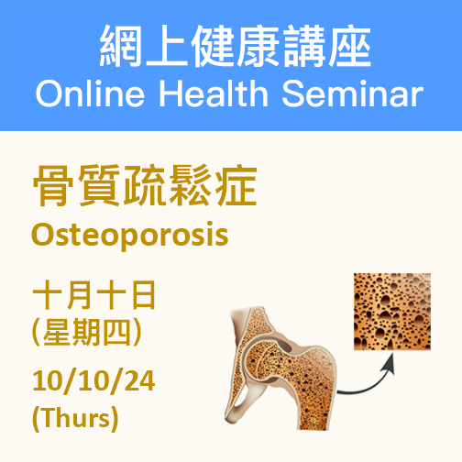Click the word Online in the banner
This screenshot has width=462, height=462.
(90, 93)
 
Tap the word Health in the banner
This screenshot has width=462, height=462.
(214, 93)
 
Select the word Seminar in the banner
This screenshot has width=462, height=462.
(353, 93)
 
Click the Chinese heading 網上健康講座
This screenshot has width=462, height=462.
(235, 46)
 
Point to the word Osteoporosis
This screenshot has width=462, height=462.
(130, 236)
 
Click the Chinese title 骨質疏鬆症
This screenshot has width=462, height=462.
(145, 185)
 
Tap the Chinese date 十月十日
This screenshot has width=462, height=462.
(94, 295)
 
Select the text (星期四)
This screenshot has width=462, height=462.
(87, 332)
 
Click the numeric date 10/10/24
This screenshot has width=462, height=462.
(93, 380)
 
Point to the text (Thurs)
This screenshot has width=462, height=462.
(75, 418)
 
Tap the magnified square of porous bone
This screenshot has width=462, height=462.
(392, 312)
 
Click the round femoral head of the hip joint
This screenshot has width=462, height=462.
(265, 359)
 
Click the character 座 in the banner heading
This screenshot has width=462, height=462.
(350, 46)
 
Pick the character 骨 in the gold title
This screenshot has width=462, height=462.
(53, 185)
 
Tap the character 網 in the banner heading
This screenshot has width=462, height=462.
(120, 46)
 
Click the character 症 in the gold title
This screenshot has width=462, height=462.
(236, 185)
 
